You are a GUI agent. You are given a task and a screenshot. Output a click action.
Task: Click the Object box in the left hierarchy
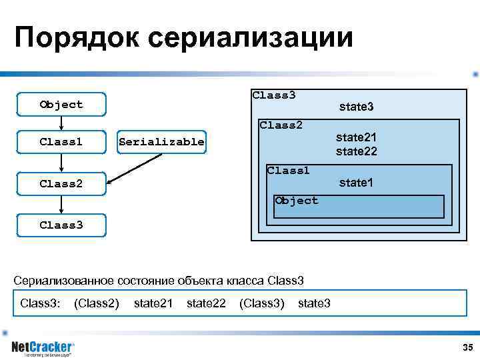61,105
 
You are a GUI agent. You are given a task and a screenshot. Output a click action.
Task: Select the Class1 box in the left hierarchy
61,141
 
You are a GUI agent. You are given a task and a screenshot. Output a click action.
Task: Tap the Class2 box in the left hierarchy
61,183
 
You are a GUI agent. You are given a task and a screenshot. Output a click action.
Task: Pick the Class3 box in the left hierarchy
61,225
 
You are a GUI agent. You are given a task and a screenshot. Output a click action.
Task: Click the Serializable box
161,141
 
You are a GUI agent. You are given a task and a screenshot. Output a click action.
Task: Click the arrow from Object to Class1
61,123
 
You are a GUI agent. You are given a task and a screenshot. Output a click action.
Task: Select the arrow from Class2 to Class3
61,204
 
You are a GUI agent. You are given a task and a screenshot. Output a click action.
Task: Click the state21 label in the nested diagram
356,137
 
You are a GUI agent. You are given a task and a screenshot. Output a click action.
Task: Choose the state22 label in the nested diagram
356,151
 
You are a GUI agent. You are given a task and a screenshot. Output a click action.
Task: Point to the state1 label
356,182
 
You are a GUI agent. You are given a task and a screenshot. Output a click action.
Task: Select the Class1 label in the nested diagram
288,171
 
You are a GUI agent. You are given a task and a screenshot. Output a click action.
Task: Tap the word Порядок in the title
77,38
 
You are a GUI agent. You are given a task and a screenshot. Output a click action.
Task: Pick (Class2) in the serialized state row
97,304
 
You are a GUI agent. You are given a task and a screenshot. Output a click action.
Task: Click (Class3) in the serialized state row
262,304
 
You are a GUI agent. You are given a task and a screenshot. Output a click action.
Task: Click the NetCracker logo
43,348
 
